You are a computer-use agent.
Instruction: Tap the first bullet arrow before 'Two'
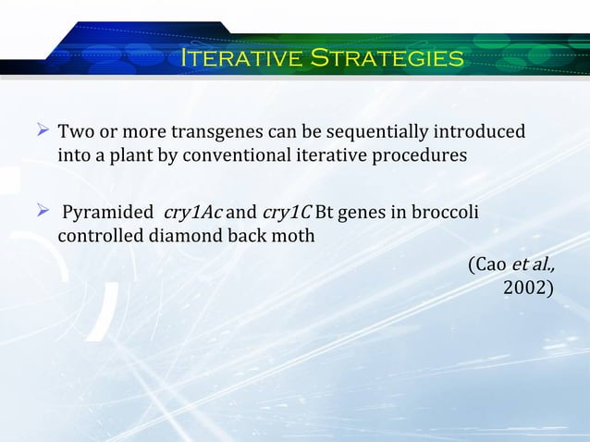coord(42,131)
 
